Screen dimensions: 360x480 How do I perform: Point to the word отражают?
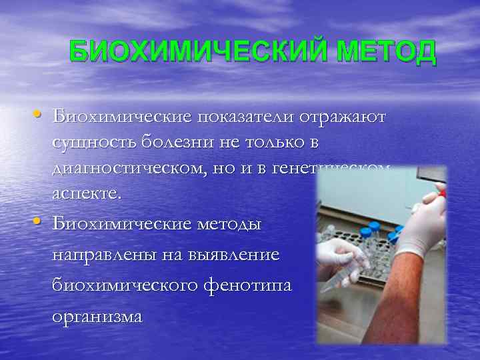tap(347, 117)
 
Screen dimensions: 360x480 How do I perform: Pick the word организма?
tap(98, 316)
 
